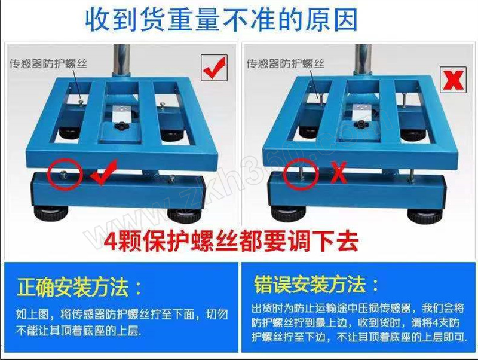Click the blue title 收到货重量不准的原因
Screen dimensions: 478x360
[x=221, y=20]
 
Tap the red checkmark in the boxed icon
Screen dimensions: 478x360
[x=214, y=68]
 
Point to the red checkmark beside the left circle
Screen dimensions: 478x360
[x=103, y=174]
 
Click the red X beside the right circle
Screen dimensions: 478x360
[x=339, y=172]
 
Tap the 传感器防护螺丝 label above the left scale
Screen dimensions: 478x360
[x=48, y=63]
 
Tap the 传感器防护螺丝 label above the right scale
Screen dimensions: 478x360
[x=285, y=63]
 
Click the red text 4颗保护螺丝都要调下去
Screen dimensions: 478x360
[x=231, y=241]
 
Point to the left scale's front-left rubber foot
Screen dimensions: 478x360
[x=50, y=213]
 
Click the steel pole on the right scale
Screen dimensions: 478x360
[x=363, y=59]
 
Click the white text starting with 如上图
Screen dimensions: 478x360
[x=122, y=322]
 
